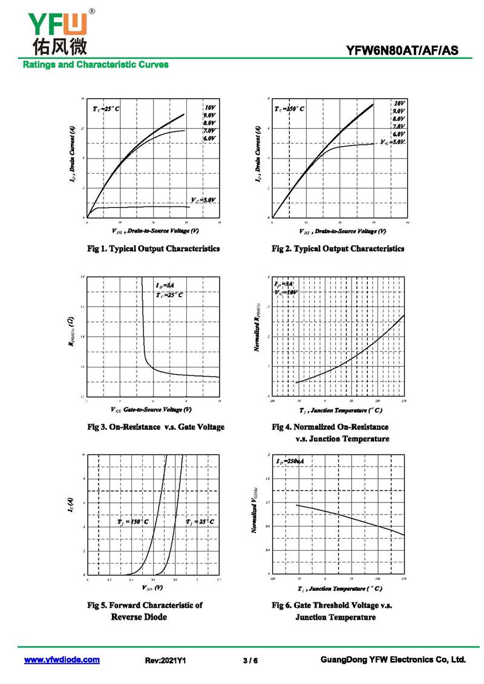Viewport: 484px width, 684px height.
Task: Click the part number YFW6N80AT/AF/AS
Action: click(x=402, y=51)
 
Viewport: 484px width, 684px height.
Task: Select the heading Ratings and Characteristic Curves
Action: click(x=96, y=64)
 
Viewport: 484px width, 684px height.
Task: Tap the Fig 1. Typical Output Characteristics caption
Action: click(x=154, y=249)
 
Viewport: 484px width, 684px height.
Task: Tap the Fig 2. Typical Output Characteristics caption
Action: click(x=338, y=249)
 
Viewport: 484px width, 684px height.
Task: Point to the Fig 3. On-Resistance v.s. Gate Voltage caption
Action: click(x=156, y=427)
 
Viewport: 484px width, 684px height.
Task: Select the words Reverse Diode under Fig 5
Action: click(x=139, y=617)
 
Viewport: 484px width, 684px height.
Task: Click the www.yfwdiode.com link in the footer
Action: click(x=62, y=660)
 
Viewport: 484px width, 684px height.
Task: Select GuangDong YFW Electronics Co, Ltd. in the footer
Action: click(x=393, y=660)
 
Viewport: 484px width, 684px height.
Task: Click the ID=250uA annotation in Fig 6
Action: click(x=290, y=462)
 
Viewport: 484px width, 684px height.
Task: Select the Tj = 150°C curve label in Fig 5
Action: click(x=133, y=521)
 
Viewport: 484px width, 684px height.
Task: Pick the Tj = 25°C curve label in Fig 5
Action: click(x=200, y=521)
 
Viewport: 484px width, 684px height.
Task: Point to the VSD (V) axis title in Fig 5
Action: click(x=152, y=588)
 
